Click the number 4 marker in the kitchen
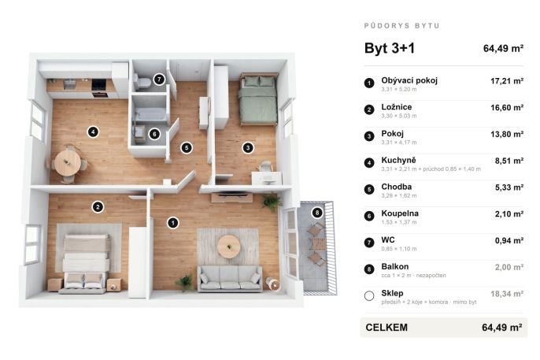[93, 132]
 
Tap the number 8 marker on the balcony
[317, 213]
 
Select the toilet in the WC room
[143, 82]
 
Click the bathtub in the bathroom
[150, 115]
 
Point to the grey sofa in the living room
[229, 278]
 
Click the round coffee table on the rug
[228, 246]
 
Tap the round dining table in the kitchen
[68, 162]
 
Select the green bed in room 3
[259, 99]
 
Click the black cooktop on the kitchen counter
[99, 84]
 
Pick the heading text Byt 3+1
[390, 48]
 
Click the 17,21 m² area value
[507, 81]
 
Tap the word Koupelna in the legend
[400, 213]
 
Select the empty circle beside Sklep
[369, 295]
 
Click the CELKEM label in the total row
[387, 327]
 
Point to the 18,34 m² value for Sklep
[507, 294]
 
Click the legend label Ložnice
[397, 107]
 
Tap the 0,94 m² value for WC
[509, 240]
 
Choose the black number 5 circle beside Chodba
[369, 189]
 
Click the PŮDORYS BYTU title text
[402, 26]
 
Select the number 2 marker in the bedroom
[98, 206]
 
